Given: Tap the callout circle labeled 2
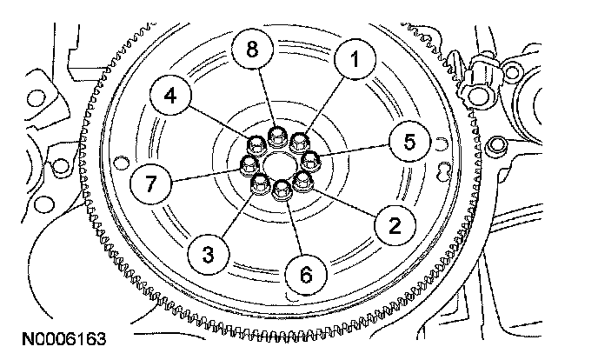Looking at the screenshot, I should tap(394, 228).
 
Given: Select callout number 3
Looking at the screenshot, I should tap(209, 254).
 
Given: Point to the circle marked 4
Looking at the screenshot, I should tap(171, 97).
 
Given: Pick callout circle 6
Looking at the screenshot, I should tap(305, 273).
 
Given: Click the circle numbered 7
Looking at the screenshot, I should tap(150, 183).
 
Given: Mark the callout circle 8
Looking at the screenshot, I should tap(252, 51).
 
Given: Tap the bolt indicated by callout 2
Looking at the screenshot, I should tap(302, 181).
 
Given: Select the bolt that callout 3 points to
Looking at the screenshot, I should tap(260, 183).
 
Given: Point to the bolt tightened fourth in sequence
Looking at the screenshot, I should tap(256, 144).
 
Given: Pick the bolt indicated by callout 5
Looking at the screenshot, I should tap(310, 159).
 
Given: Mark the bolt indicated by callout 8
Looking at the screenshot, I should tap(277, 136).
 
